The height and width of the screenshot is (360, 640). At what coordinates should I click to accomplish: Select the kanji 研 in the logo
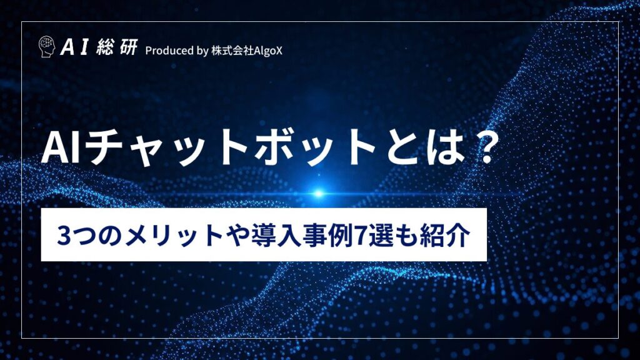click(127, 47)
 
